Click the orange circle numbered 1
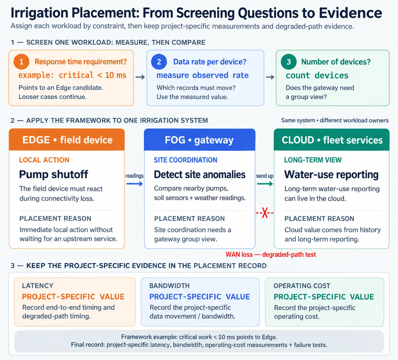(x=21, y=62)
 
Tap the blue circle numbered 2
(x=159, y=62)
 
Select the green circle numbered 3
(x=289, y=62)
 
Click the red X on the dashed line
(x=265, y=213)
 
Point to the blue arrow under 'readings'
(x=135, y=184)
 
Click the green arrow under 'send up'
(x=265, y=184)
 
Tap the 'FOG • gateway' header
(x=200, y=140)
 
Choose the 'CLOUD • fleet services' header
(x=331, y=140)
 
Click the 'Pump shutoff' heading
(x=54, y=174)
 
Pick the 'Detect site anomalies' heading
(x=200, y=174)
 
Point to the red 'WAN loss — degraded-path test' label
(x=271, y=255)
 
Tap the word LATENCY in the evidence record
(x=38, y=286)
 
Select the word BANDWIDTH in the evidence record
(x=169, y=286)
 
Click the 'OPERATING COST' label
(x=302, y=286)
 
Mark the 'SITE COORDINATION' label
(x=185, y=160)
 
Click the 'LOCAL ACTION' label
(x=44, y=160)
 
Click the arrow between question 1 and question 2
(x=140, y=77)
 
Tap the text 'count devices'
(x=317, y=75)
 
